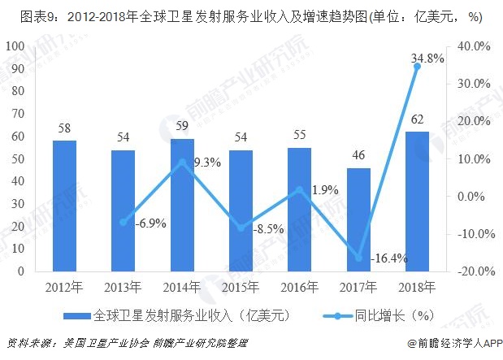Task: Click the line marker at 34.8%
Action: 418,67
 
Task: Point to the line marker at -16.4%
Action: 358,258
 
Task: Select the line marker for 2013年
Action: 124,222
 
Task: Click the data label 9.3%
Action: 207,162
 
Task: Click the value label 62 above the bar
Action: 418,120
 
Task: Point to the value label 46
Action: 358,157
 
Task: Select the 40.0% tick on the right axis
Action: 471,46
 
